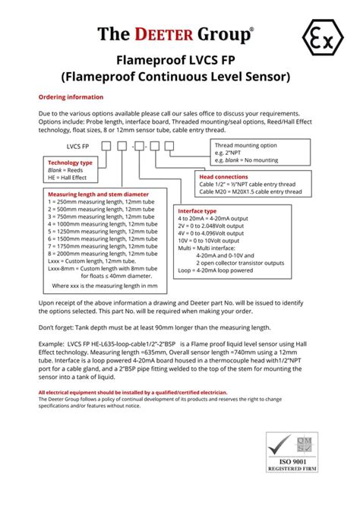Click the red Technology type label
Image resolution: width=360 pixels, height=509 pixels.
click(x=70, y=163)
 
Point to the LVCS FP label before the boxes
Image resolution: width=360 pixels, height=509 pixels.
click(x=82, y=144)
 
